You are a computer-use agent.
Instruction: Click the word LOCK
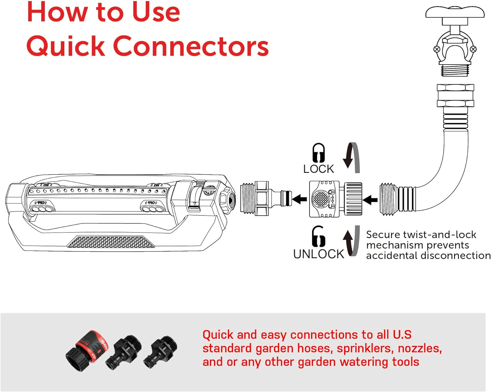coord(318,169)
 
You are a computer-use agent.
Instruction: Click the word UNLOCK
coord(318,254)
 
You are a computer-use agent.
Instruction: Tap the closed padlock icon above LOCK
coord(318,153)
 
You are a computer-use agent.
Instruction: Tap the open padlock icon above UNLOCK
coord(318,236)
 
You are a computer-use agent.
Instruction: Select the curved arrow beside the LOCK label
coord(352,158)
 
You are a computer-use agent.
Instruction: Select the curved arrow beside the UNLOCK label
coord(352,241)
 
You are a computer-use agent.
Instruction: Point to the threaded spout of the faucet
coord(455,70)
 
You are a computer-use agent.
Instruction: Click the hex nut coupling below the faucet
coord(455,95)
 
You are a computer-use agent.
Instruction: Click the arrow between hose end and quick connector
coord(370,199)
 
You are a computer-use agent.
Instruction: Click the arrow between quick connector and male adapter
coord(299,199)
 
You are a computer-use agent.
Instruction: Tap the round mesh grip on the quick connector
coord(320,199)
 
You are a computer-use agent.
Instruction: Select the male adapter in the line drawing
coord(265,198)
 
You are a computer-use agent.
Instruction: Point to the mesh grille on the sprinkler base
coord(111,242)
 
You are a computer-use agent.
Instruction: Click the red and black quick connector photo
coord(86,350)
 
